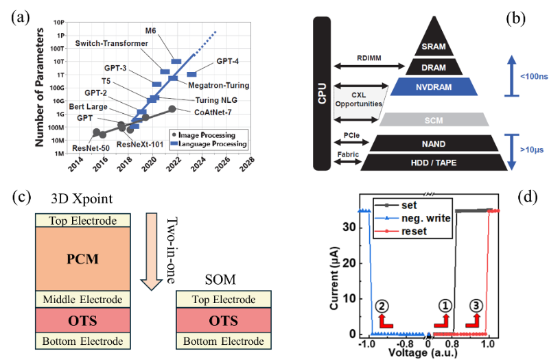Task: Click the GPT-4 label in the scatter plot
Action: [228, 61]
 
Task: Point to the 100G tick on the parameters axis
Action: [57, 88]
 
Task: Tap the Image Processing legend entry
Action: [203, 135]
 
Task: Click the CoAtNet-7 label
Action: [213, 112]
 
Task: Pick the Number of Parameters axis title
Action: [40, 88]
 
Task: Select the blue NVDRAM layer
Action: [434, 87]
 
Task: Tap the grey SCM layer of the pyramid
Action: [434, 119]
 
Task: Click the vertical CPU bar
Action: [322, 93]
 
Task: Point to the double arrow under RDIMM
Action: [369, 65]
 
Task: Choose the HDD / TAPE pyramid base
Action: [434, 163]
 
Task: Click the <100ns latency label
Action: [534, 76]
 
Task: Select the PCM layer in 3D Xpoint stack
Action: [82, 259]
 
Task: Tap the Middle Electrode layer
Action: [82, 300]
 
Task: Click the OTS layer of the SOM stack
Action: [224, 320]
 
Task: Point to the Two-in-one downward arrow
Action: [151, 252]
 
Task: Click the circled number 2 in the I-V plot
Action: [382, 306]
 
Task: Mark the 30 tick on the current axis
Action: [348, 228]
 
